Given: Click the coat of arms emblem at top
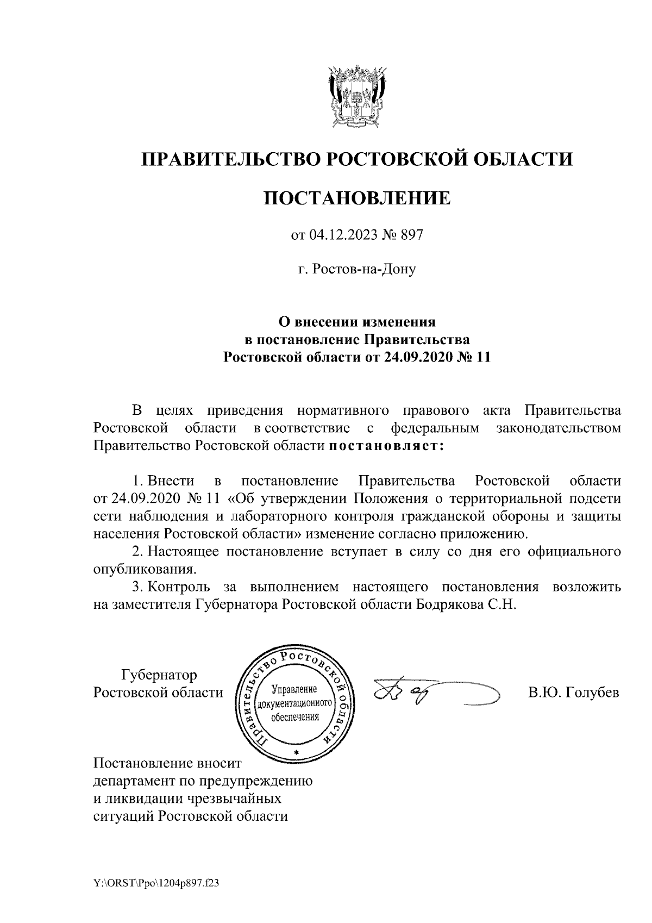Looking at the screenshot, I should click(x=357, y=96).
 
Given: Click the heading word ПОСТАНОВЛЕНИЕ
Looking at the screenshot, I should click(x=357, y=198).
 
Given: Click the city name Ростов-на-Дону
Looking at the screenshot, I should click(x=364, y=269).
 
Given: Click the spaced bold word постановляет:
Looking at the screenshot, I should click(x=386, y=446).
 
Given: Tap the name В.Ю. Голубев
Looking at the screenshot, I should click(x=574, y=693).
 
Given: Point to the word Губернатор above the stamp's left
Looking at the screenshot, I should click(x=159, y=675).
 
